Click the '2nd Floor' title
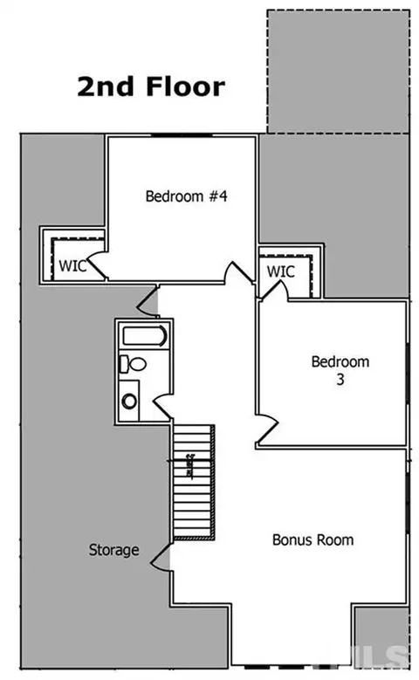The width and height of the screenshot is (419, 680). tap(151, 86)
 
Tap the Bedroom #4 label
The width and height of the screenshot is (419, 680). tap(186, 196)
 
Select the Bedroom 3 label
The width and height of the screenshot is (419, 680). tap(340, 370)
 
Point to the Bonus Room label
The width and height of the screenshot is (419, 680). tap(313, 539)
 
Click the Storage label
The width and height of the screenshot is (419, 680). tap(113, 550)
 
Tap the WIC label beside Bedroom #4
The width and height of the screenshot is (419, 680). tap(72, 265)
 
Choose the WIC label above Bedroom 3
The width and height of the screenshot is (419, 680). tap(280, 271)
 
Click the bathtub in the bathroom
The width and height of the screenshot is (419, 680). tap(144, 336)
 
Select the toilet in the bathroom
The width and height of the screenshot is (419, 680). tap(133, 364)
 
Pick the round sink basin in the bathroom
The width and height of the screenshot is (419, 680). tap(129, 401)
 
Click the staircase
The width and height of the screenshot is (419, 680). tap(194, 482)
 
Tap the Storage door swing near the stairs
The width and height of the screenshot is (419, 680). tap(161, 556)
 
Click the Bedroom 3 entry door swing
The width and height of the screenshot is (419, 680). tap(266, 429)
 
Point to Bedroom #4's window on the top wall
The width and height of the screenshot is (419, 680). tap(182, 135)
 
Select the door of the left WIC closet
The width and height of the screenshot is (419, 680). tap(97, 264)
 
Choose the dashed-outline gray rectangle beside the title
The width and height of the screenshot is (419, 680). tap(338, 72)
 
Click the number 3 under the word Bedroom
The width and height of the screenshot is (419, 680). tap(340, 380)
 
